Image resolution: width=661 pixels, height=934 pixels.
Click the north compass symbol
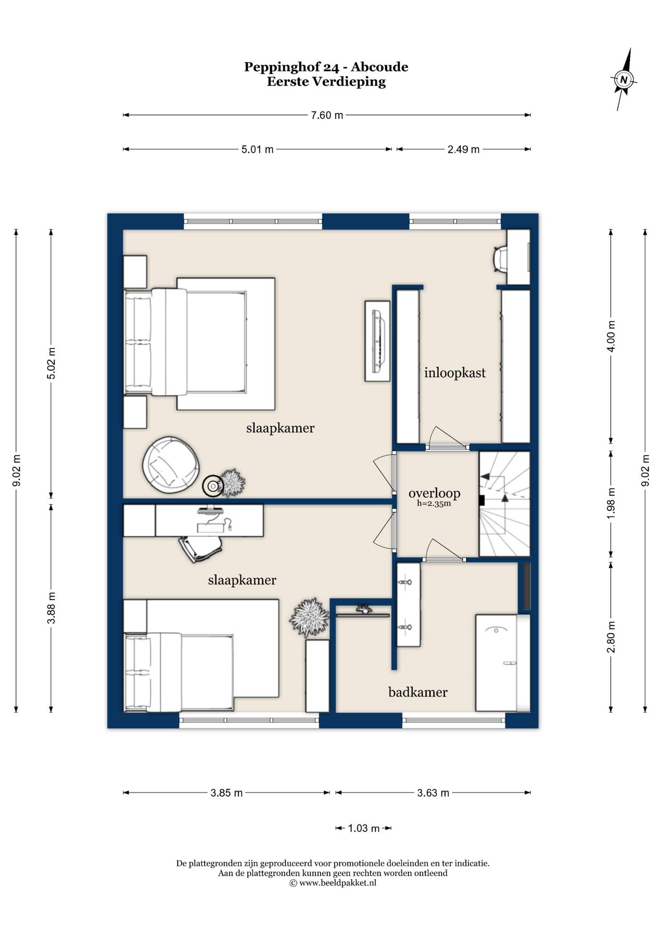pyautogui.click(x=624, y=79)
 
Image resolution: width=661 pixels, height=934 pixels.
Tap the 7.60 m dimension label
pyautogui.click(x=327, y=115)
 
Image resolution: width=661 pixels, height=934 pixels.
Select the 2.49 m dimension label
pyautogui.click(x=463, y=149)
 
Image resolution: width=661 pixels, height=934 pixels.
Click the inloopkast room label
pyautogui.click(x=455, y=373)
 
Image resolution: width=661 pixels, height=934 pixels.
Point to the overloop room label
pyautogui.click(x=434, y=493)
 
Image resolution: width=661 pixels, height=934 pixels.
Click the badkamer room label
pyautogui.click(x=418, y=692)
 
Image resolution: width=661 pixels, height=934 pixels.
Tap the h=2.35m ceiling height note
pyautogui.click(x=434, y=504)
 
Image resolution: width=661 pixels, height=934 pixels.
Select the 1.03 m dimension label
pyautogui.click(x=364, y=828)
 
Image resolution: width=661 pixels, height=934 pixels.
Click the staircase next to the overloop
pyautogui.click(x=504, y=503)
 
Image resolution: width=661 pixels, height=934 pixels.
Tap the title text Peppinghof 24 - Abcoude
pyautogui.click(x=326, y=67)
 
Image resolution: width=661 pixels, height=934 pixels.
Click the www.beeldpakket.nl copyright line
pyautogui.click(x=333, y=883)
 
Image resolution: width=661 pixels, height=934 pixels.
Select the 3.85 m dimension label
pyautogui.click(x=226, y=793)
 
